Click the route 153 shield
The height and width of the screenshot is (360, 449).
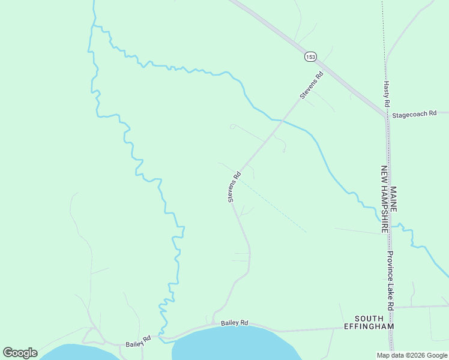click(x=310, y=56)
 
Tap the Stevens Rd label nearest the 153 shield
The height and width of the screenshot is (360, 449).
click(x=312, y=85)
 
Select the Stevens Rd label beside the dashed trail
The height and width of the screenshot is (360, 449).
click(x=234, y=187)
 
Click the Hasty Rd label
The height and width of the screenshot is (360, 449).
click(x=387, y=92)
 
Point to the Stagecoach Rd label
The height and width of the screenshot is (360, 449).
click(x=414, y=113)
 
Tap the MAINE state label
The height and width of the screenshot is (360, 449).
click(x=393, y=198)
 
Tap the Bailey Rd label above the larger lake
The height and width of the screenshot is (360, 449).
click(x=234, y=323)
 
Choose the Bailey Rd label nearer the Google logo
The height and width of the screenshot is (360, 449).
click(x=137, y=342)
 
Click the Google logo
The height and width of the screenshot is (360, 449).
click(x=20, y=353)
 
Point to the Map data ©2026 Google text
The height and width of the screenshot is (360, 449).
click(x=412, y=355)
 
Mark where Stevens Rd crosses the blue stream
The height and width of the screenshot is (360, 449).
click(x=281, y=121)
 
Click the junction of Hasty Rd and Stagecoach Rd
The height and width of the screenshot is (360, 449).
click(x=386, y=113)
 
